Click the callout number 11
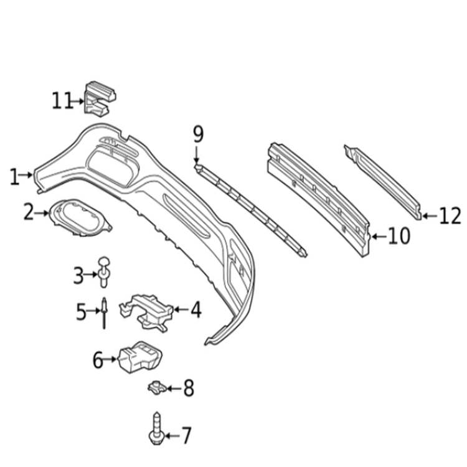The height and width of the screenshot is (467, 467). (62, 101)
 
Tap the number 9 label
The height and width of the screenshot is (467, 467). (199, 134)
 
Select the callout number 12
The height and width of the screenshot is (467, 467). (450, 216)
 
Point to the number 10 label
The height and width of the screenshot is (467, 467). (399, 236)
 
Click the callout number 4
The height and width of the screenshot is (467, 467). (196, 309)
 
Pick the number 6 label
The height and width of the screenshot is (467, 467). (98, 360)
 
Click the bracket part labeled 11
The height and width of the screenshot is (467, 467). (100, 99)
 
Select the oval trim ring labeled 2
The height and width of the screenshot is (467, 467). (80, 218)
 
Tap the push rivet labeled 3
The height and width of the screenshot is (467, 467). (104, 272)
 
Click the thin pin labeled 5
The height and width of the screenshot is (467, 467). (104, 313)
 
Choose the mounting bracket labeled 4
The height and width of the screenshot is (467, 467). (146, 312)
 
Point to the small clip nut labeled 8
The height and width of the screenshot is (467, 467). (158, 387)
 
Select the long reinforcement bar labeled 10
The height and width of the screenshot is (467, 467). (319, 199)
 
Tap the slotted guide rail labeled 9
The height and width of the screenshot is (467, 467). (250, 210)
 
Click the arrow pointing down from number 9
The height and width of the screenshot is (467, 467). (196, 154)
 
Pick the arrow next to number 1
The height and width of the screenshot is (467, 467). (26, 175)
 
